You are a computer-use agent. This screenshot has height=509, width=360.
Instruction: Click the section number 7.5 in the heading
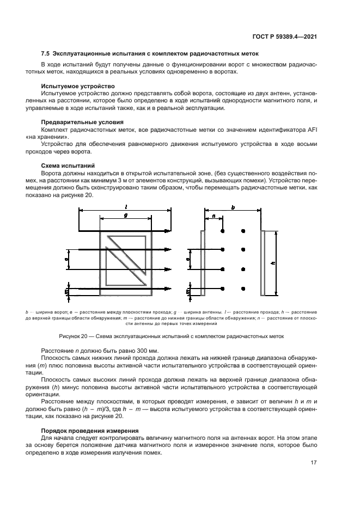tap(46, 53)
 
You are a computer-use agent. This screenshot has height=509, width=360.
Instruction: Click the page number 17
tap(314, 463)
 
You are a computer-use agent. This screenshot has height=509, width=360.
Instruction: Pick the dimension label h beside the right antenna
tap(273, 263)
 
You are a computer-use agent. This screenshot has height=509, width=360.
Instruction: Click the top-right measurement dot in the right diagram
tap(243, 231)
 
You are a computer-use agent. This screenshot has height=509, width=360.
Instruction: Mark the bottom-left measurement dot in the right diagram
tap(222, 288)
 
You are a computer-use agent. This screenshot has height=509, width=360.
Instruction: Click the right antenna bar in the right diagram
tap(264, 263)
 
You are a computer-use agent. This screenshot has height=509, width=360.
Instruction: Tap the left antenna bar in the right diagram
tap(203, 263)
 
